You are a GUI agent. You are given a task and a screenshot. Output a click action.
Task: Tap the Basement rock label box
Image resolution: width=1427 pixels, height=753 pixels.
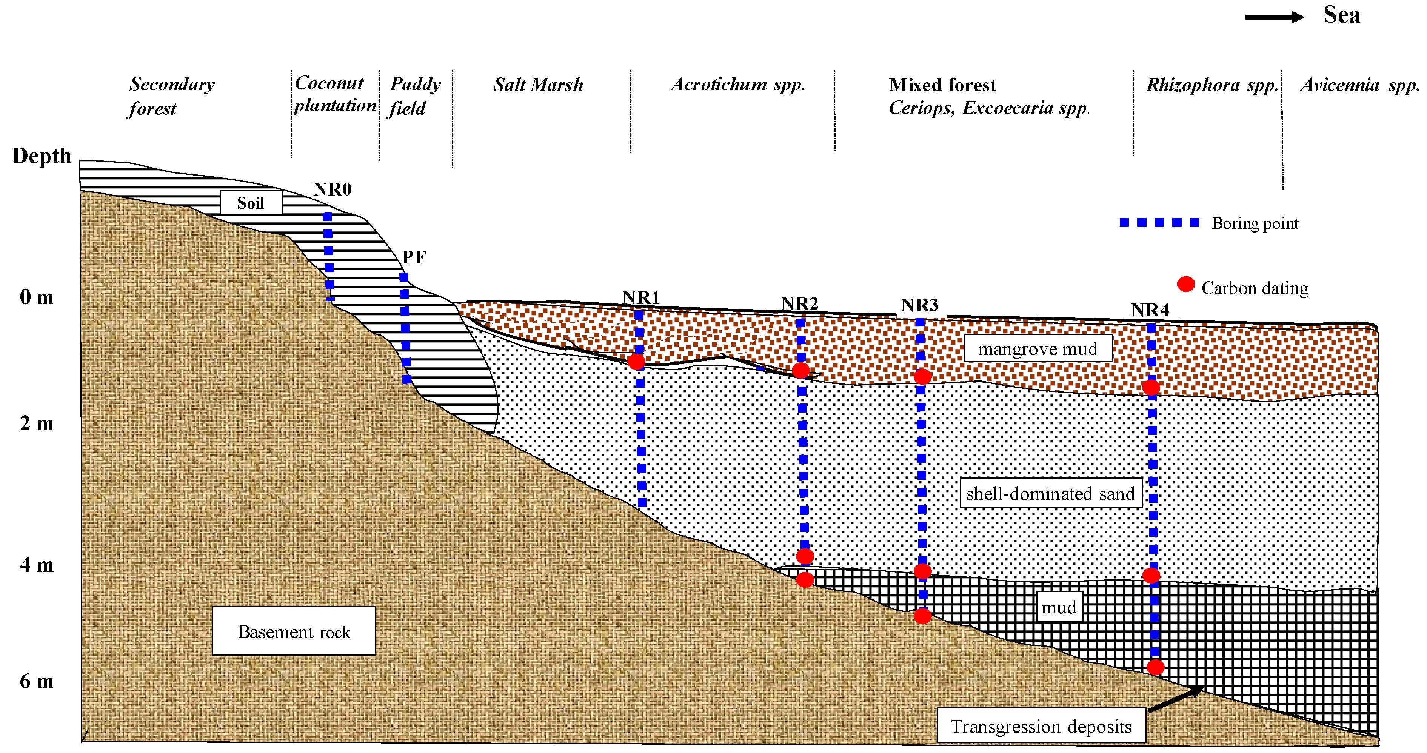pyautogui.click(x=294, y=631)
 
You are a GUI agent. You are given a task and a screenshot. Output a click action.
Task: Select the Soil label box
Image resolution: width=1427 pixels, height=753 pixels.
pyautogui.click(x=251, y=203)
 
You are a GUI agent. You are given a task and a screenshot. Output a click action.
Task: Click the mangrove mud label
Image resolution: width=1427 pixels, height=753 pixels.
pyautogui.click(x=1038, y=348)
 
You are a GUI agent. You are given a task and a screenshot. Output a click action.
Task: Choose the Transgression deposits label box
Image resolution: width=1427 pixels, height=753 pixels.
pyautogui.click(x=1041, y=726)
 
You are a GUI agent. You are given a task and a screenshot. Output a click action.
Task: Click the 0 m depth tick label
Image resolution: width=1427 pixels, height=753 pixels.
pyautogui.click(x=37, y=297)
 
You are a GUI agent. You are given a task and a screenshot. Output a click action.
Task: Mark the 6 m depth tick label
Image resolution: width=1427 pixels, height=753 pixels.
pyautogui.click(x=37, y=681)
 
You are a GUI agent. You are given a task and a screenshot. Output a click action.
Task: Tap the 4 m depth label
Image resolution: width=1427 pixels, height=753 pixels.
pyautogui.click(x=37, y=565)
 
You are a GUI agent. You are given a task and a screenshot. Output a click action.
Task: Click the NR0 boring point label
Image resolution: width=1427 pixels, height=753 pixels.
pyautogui.click(x=333, y=189)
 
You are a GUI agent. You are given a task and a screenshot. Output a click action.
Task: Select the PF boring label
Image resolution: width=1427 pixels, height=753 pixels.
pyautogui.click(x=414, y=257)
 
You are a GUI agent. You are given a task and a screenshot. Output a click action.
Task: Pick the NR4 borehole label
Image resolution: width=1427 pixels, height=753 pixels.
pyautogui.click(x=1150, y=310)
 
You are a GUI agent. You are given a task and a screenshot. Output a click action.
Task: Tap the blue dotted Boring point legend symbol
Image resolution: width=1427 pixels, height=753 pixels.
pyautogui.click(x=1159, y=223)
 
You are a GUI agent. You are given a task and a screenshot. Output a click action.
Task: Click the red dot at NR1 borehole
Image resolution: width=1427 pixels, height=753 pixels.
pyautogui.click(x=636, y=362)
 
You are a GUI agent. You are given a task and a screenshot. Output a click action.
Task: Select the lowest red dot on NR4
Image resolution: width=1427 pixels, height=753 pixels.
pyautogui.click(x=1155, y=667)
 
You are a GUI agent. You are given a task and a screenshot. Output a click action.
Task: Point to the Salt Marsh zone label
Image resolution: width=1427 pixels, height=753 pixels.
pyautogui.click(x=538, y=85)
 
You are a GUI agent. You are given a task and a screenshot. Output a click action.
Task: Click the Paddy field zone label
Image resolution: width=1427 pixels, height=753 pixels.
pyautogui.click(x=415, y=96)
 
